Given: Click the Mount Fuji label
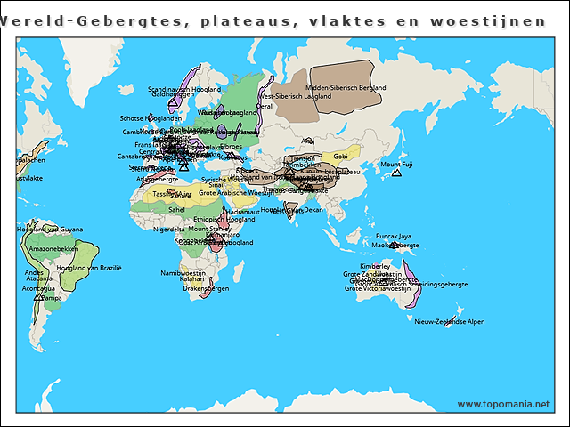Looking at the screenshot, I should click(396, 165).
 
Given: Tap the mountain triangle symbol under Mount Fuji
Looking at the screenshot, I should click(396, 173).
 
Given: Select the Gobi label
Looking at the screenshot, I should click(340, 157).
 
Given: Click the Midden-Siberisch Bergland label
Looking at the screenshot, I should click(346, 88).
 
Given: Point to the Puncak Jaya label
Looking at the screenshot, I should click(393, 237).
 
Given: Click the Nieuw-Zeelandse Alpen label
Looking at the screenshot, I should click(450, 321).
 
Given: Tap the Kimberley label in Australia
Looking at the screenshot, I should click(374, 266).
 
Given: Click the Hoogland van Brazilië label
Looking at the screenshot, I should click(89, 267).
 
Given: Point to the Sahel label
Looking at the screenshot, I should click(176, 210).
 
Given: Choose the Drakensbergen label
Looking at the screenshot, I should click(206, 288).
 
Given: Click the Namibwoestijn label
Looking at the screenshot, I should click(183, 273).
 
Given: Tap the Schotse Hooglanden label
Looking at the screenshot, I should click(151, 118).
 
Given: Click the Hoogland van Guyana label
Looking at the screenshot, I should click(50, 230).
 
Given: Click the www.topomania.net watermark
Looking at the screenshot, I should click(503, 404).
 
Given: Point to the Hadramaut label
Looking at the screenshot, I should click(241, 212).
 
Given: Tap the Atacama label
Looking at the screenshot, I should click(38, 278).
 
